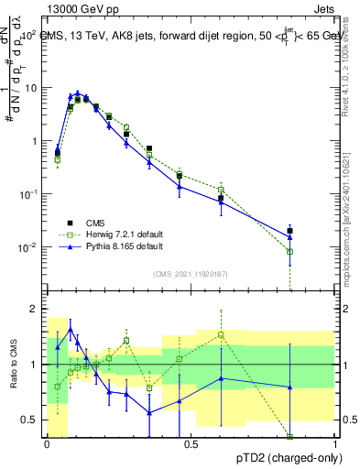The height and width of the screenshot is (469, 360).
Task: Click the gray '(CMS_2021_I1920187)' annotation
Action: coord(190,274)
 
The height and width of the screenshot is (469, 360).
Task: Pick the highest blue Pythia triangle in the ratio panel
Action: coord(71,329)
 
